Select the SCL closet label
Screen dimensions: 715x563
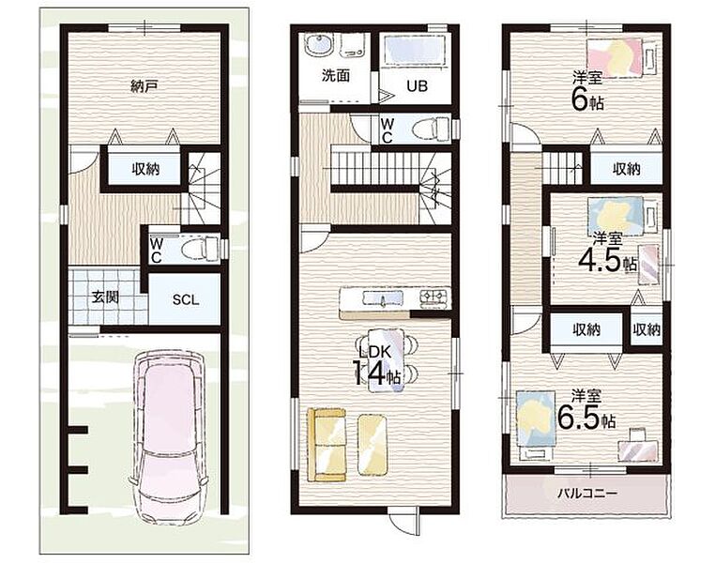click(x=186, y=300)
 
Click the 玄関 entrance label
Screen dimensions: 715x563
click(x=105, y=297)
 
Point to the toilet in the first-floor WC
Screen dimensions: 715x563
click(x=201, y=249)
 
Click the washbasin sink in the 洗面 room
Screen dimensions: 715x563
click(x=319, y=46)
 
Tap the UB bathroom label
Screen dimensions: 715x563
click(x=417, y=86)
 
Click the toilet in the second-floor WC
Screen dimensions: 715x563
click(x=431, y=129)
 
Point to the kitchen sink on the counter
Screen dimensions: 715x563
click(x=383, y=298)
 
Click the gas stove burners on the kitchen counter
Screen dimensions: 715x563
click(x=434, y=297)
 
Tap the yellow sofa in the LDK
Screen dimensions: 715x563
click(x=327, y=445)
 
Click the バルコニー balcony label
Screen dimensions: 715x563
click(x=587, y=494)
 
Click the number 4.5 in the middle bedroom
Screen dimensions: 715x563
click(x=601, y=260)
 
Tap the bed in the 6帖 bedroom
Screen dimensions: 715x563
click(x=621, y=56)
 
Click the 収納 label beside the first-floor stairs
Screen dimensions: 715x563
click(x=145, y=169)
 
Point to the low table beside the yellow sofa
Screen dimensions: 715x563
click(x=373, y=445)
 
